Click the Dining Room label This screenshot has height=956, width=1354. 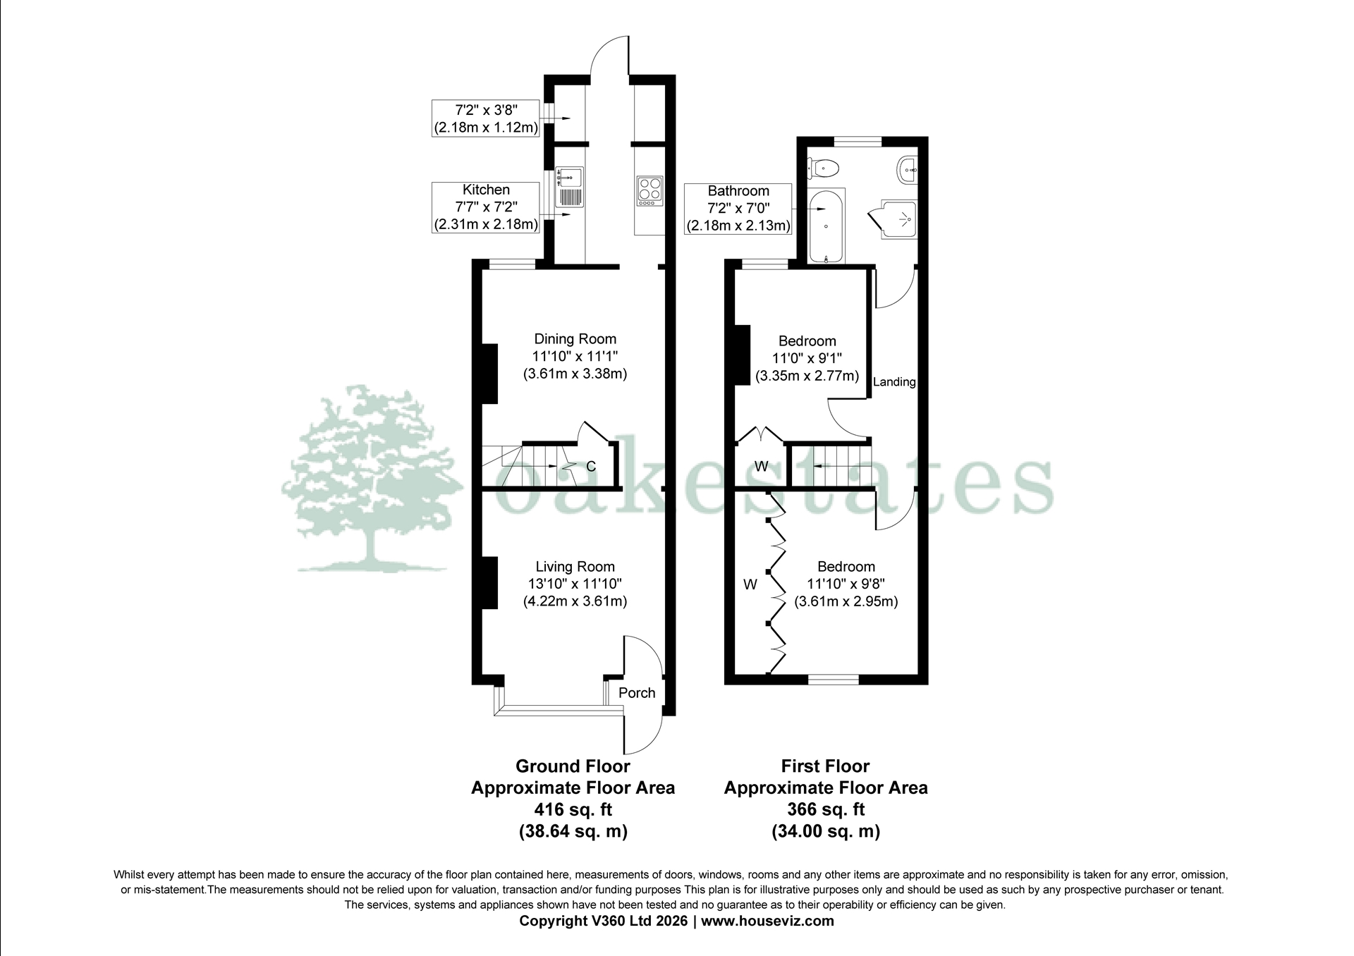[575, 339]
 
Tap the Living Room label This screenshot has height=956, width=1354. [575, 567]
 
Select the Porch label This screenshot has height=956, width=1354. [637, 693]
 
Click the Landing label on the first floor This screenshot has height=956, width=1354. [894, 382]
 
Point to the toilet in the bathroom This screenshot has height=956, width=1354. [823, 168]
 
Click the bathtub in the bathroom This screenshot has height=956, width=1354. [825, 226]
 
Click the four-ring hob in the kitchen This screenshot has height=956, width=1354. [649, 190]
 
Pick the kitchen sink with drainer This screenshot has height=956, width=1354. [570, 187]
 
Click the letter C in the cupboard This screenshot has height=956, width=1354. [591, 467]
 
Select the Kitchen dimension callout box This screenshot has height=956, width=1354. [486, 207]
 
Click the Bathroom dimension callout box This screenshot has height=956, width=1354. [738, 208]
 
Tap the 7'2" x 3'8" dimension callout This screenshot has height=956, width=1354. [486, 118]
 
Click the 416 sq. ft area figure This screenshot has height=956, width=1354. [573, 809]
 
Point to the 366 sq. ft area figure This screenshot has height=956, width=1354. [826, 809]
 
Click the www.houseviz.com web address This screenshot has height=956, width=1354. [768, 921]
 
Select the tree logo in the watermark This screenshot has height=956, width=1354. [370, 479]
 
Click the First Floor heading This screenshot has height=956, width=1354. [826, 766]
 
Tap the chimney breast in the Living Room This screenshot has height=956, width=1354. [489, 583]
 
